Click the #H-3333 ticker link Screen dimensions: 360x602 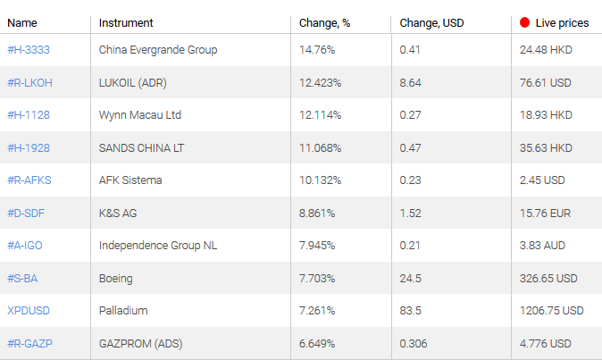point(29,50)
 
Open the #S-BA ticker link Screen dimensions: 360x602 point(22,279)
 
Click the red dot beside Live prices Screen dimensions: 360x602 point(524,22)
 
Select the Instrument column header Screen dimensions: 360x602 point(126,22)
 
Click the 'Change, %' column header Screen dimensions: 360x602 point(324,22)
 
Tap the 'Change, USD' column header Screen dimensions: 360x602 point(431,22)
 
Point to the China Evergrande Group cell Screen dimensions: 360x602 point(158,50)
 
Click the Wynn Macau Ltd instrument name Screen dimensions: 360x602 point(140,115)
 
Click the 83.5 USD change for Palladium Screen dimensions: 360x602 point(411,311)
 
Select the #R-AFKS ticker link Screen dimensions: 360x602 point(29,180)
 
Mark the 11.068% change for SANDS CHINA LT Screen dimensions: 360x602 point(321,148)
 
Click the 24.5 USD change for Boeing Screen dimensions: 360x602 point(411,279)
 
